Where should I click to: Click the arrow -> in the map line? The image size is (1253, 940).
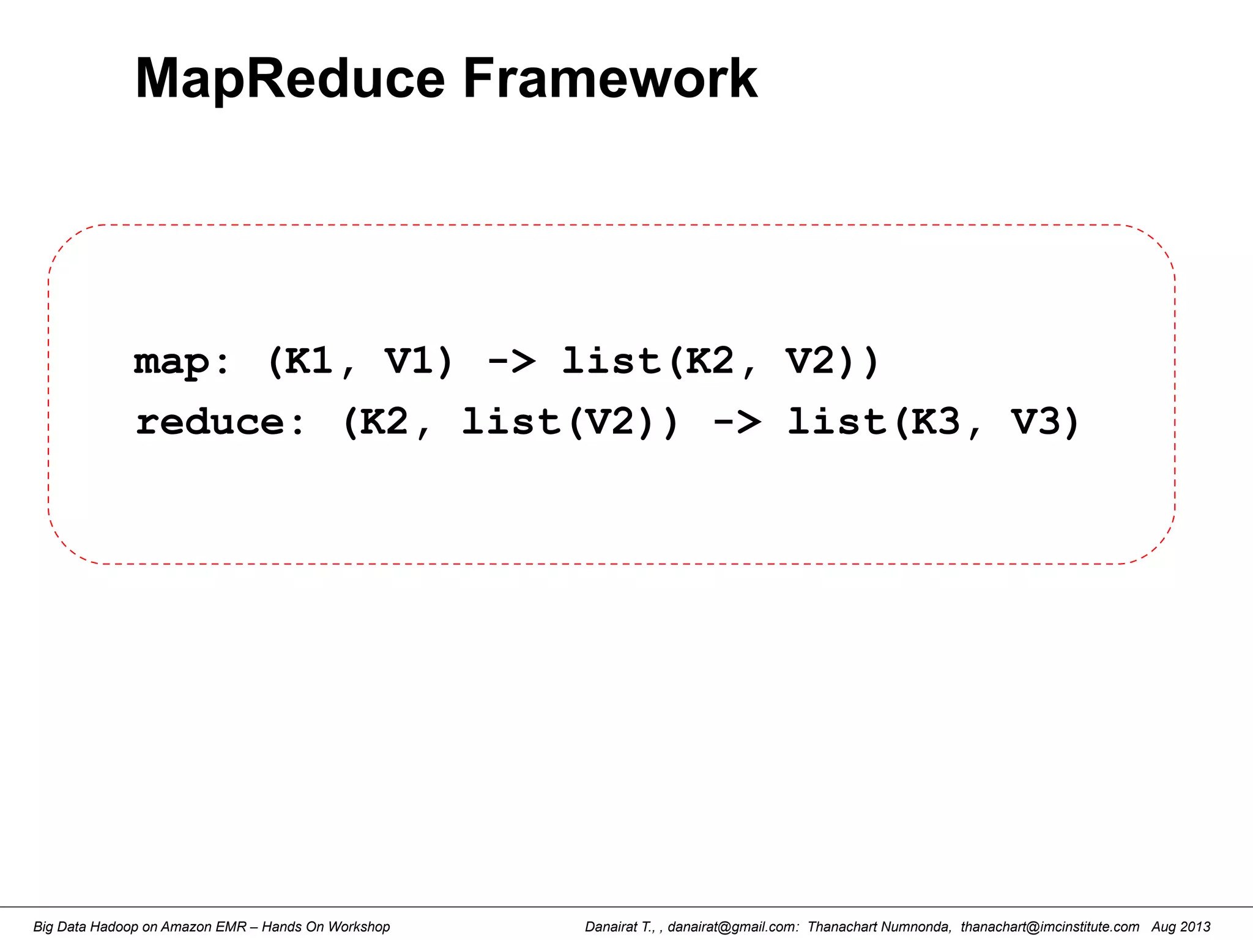click(511, 361)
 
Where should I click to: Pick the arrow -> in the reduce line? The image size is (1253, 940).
click(737, 422)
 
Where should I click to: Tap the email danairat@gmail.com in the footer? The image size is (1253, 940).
click(732, 927)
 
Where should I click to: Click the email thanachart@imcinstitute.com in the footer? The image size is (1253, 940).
click(1050, 927)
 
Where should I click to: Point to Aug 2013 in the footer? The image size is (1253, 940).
click(1181, 927)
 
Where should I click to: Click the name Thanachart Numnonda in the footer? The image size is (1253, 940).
click(879, 927)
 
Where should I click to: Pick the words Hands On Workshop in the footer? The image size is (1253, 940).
click(325, 927)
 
